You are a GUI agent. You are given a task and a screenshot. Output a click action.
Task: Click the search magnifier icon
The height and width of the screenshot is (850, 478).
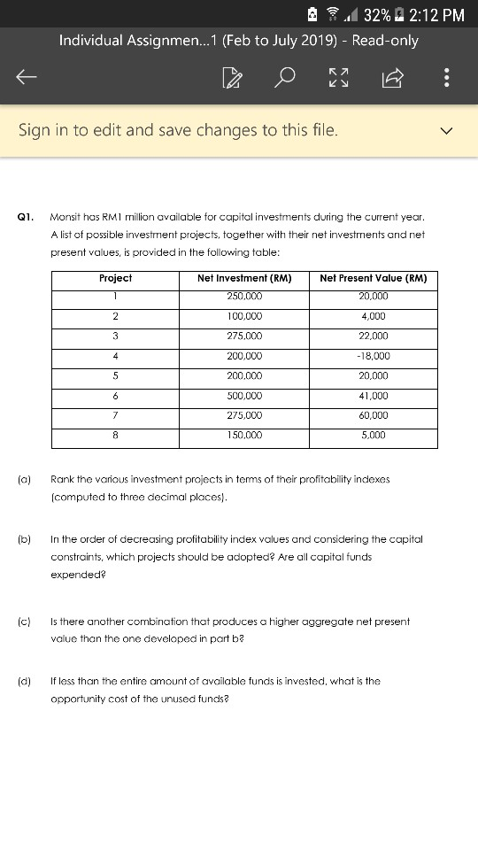(285, 79)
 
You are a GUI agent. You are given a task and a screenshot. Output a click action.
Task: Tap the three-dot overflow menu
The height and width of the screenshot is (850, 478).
(446, 79)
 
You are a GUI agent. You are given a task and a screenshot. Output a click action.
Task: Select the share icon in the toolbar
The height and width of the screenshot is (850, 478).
(392, 79)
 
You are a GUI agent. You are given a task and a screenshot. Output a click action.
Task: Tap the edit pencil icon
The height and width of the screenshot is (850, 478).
(232, 79)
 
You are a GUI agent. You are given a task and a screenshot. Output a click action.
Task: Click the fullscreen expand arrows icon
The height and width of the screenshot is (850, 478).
(339, 79)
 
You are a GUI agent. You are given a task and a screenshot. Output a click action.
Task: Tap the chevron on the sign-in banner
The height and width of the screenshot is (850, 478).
(447, 131)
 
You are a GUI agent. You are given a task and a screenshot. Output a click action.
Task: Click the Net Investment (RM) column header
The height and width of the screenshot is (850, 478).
(244, 278)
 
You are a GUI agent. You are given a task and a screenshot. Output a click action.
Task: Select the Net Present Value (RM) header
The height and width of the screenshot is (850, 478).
(373, 278)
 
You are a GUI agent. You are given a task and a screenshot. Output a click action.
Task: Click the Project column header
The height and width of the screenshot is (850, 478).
(116, 278)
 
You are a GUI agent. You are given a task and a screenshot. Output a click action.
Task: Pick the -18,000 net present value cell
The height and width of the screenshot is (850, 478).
(373, 355)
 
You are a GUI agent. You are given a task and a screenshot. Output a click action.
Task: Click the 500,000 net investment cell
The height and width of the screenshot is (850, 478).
(244, 395)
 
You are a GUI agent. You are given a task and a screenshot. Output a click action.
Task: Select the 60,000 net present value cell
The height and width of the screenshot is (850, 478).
(373, 414)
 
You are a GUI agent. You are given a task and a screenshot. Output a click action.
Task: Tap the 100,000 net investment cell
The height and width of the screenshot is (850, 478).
(244, 316)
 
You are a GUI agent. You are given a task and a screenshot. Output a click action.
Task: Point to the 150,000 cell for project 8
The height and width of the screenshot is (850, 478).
(244, 435)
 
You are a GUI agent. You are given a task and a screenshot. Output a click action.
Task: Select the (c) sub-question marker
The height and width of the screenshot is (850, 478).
(23, 622)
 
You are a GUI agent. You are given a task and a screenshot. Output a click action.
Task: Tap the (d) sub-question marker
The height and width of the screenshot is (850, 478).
(23, 681)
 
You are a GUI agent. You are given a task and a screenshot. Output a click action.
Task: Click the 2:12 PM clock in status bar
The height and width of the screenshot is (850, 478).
(435, 14)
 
